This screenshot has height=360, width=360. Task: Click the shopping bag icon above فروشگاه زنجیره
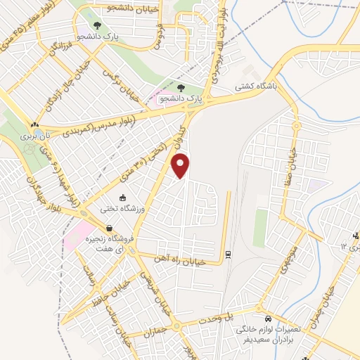pos(110,229)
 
